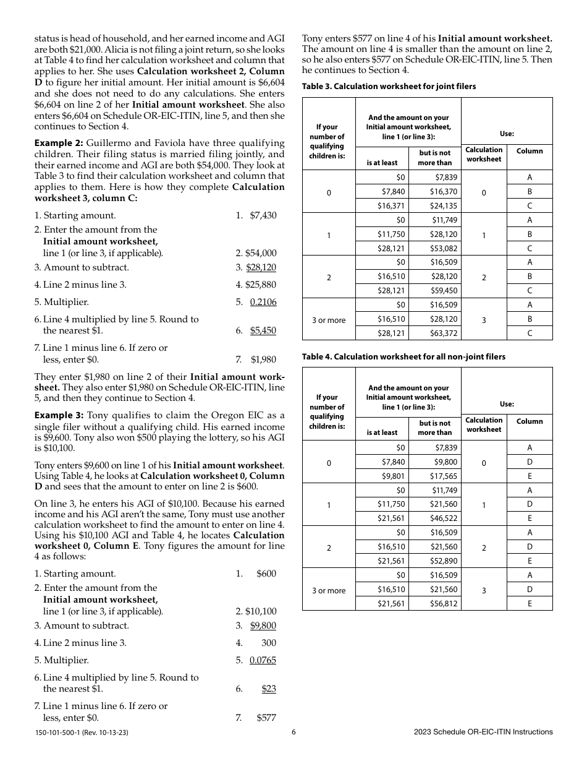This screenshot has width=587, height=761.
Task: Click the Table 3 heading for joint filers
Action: click(x=389, y=87)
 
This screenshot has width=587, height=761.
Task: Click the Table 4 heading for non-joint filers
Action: click(x=403, y=357)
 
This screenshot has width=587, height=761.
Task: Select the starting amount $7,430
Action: click(x=263, y=215)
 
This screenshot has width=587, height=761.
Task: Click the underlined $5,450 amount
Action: click(x=263, y=330)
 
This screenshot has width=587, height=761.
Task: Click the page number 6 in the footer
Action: click(x=293, y=732)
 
